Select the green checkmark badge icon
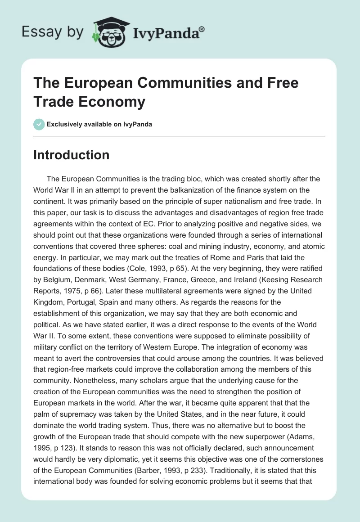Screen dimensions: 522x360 point(39,124)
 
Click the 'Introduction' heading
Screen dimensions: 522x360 point(71,155)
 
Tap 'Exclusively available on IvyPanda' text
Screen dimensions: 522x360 point(99,124)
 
